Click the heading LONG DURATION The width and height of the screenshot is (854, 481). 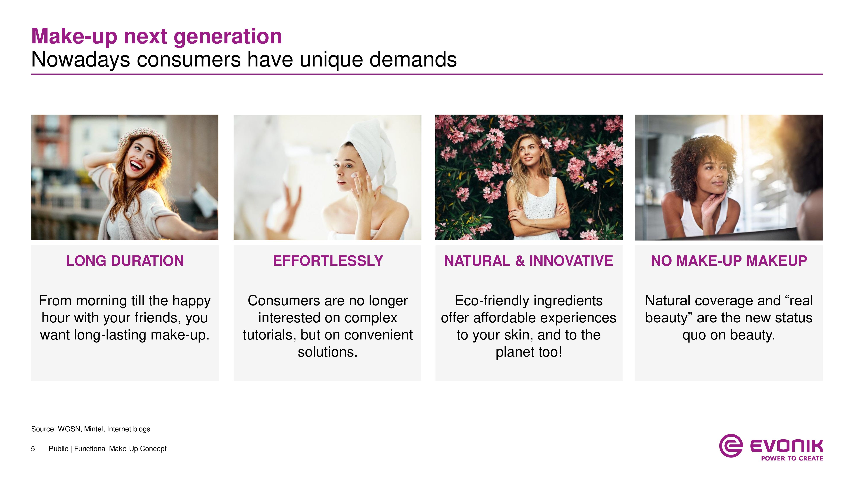tap(125, 261)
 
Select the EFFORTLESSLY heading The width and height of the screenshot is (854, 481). tap(328, 261)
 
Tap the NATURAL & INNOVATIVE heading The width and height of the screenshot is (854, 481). tap(528, 261)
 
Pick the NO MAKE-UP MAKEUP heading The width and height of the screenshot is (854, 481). tap(729, 261)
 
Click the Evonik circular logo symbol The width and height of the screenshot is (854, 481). tap(731, 446)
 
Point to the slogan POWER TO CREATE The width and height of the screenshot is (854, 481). tap(792, 458)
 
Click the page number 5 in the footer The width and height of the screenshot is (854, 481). tap(33, 449)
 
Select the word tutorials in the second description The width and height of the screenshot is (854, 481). tap(269, 335)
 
